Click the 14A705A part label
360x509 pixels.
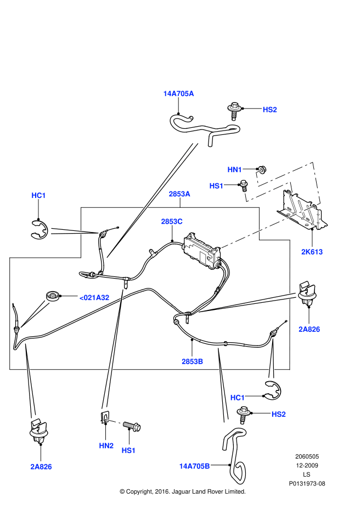pyautogui.click(x=178, y=94)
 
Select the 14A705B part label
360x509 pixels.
pyautogui.click(x=194, y=466)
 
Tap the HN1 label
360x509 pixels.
pyautogui.click(x=234, y=169)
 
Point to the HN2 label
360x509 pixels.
pyautogui.click(x=106, y=446)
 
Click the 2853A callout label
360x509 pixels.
pyautogui.click(x=179, y=194)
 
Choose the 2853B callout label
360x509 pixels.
pyautogui.click(x=193, y=361)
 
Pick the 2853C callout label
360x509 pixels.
pyautogui.click(x=171, y=221)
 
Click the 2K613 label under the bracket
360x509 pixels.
pyautogui.click(x=312, y=252)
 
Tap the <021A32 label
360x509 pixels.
pyautogui.click(x=94, y=297)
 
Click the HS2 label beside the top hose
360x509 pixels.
pyautogui.click(x=269, y=110)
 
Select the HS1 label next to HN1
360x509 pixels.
pyautogui.click(x=216, y=186)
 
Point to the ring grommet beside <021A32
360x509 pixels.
pyautogui.click(x=53, y=297)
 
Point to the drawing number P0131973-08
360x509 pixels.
pyautogui.click(x=307, y=483)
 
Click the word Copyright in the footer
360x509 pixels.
pyautogui.click(x=139, y=491)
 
